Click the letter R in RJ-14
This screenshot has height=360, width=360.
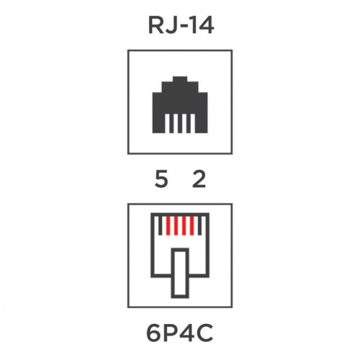coord(156,26)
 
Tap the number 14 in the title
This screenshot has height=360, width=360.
coord(202,26)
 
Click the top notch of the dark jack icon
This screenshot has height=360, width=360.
coord(180,79)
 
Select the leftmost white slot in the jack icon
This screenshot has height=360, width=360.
coord(167,123)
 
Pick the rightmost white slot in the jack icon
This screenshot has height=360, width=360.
coord(193,123)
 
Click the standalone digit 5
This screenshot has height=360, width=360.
coord(161,179)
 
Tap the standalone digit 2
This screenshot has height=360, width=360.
coord(199,179)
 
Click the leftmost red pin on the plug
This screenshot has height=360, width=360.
coord(168,226)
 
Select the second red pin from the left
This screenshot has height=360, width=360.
coord(176,226)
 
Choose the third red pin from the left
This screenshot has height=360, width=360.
coord(184,226)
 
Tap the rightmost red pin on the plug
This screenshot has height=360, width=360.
coord(192,226)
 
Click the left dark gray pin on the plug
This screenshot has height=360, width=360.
coord(161,226)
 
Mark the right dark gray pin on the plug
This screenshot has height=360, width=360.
coord(199,226)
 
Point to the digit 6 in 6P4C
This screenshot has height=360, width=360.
coord(153,333)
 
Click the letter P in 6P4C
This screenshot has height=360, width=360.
coord(169,333)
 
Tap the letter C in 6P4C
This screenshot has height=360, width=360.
coord(204,333)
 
